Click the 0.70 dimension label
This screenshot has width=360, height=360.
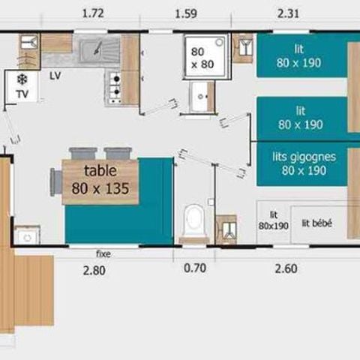pyautogui.click(x=195, y=268)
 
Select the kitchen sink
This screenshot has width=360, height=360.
pyautogui.click(x=98, y=50)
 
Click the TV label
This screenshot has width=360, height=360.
pyautogui.click(x=21, y=94)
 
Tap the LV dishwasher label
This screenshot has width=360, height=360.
pyautogui.click(x=55, y=76)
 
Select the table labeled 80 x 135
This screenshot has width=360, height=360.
pyautogui.click(x=100, y=181)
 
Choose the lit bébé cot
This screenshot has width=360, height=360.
pyautogui.click(x=317, y=223)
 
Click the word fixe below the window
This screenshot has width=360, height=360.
pyautogui.click(x=103, y=253)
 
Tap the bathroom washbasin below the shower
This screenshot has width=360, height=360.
pyautogui.click(x=202, y=95)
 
